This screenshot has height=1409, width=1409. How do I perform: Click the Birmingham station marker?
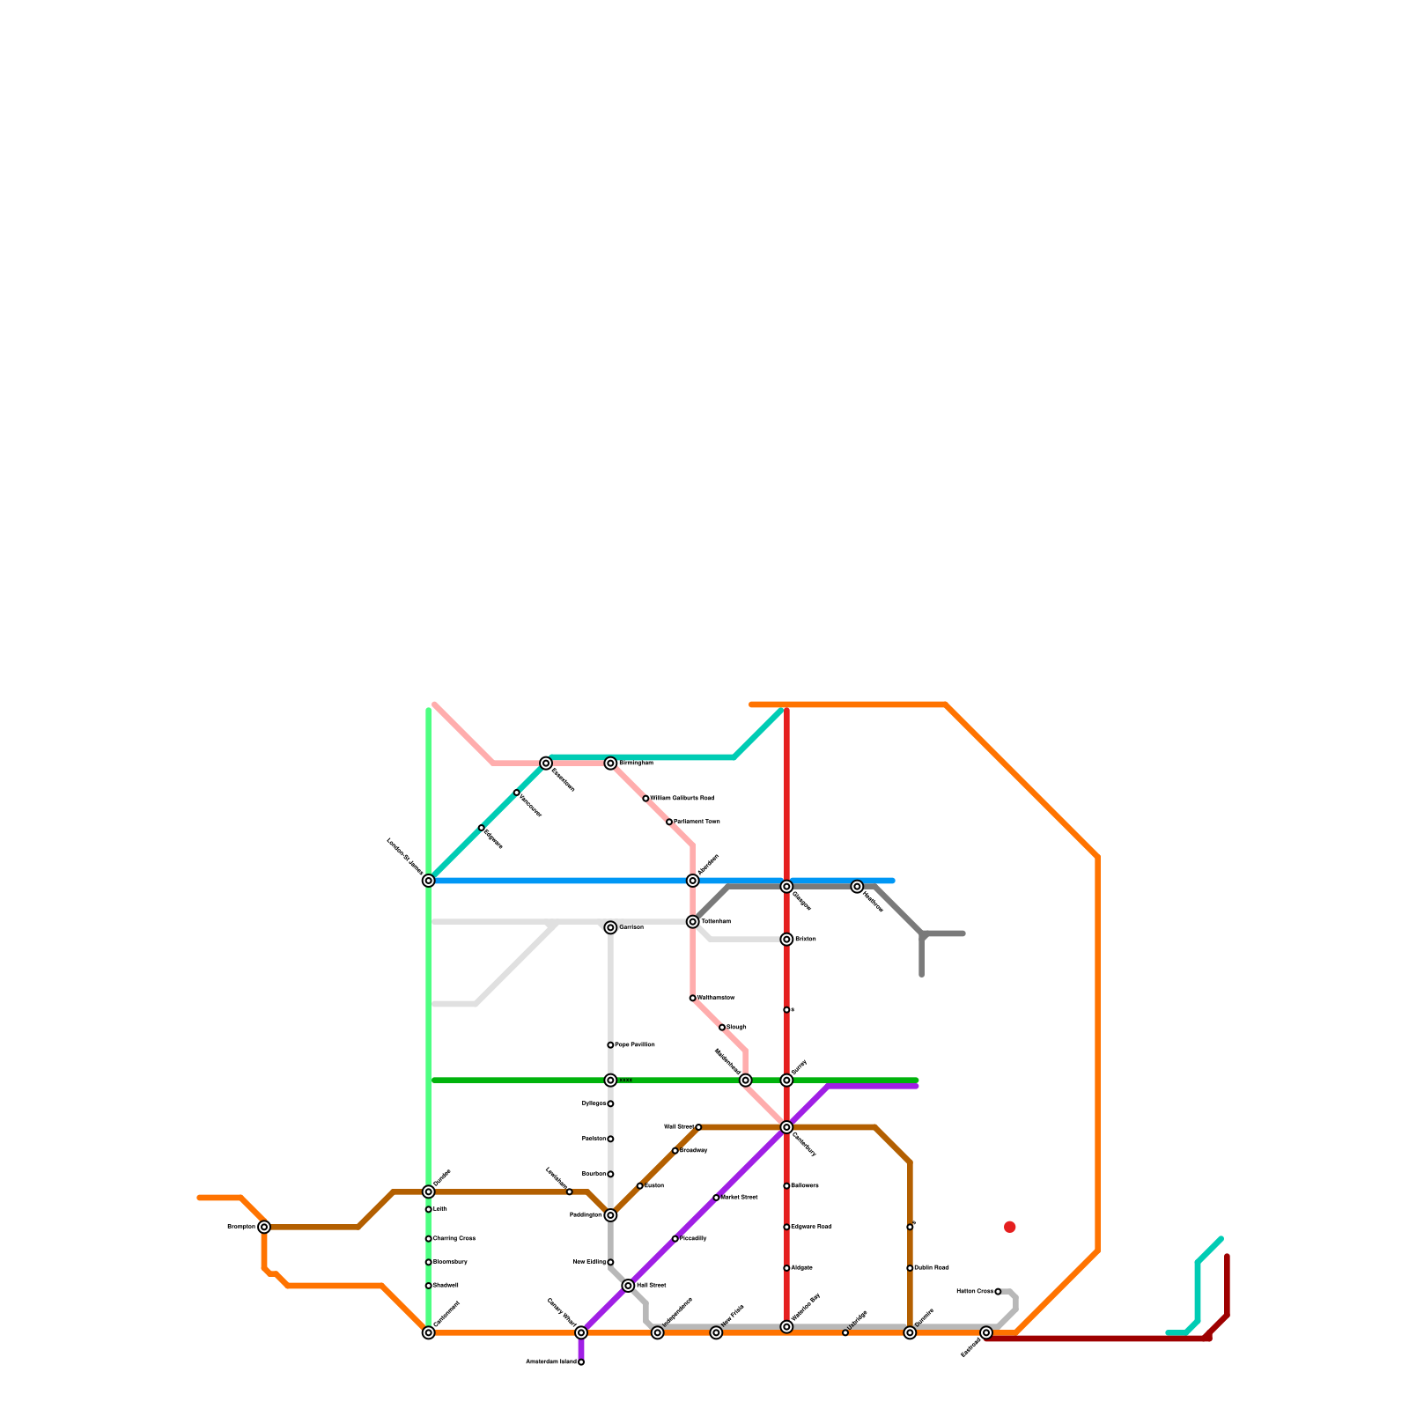click(x=610, y=764)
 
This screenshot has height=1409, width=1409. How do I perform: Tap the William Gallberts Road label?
click(x=682, y=799)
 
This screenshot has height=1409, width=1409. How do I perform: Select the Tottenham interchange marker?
click(x=693, y=922)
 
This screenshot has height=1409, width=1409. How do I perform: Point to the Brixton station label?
click(x=806, y=940)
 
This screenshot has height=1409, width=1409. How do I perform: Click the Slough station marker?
click(x=722, y=1028)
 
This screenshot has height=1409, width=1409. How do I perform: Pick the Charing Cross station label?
click(x=454, y=1239)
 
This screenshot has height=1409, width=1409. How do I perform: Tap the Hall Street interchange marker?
click(x=628, y=1286)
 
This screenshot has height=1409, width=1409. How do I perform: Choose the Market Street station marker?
click(x=716, y=1198)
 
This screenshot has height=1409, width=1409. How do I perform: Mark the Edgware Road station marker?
click(x=786, y=1227)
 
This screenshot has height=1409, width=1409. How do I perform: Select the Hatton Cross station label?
click(x=975, y=1292)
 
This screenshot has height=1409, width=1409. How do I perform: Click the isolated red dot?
click(x=1010, y=1227)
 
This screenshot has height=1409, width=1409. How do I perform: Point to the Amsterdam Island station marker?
click(x=581, y=1362)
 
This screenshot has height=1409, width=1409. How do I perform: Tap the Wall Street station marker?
click(x=698, y=1127)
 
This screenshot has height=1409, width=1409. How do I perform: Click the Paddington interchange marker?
click(x=610, y=1215)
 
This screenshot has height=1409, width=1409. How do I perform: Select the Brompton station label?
click(x=241, y=1227)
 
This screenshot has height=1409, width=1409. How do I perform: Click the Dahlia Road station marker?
click(x=910, y=1268)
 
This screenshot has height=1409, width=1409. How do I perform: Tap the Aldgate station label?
click(x=802, y=1268)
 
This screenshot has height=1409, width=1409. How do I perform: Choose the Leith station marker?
click(x=428, y=1209)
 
